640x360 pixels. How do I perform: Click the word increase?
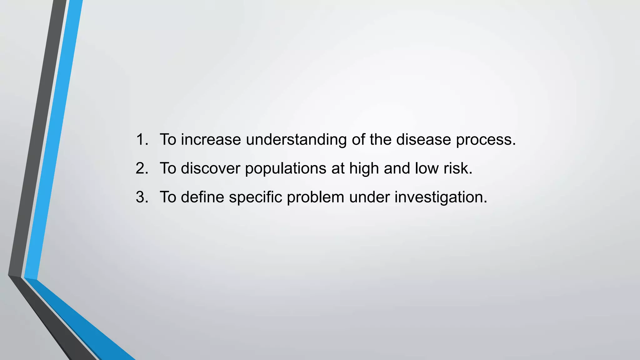click(211, 139)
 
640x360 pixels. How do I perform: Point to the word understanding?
click(296, 140)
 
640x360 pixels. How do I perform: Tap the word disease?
click(423, 139)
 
